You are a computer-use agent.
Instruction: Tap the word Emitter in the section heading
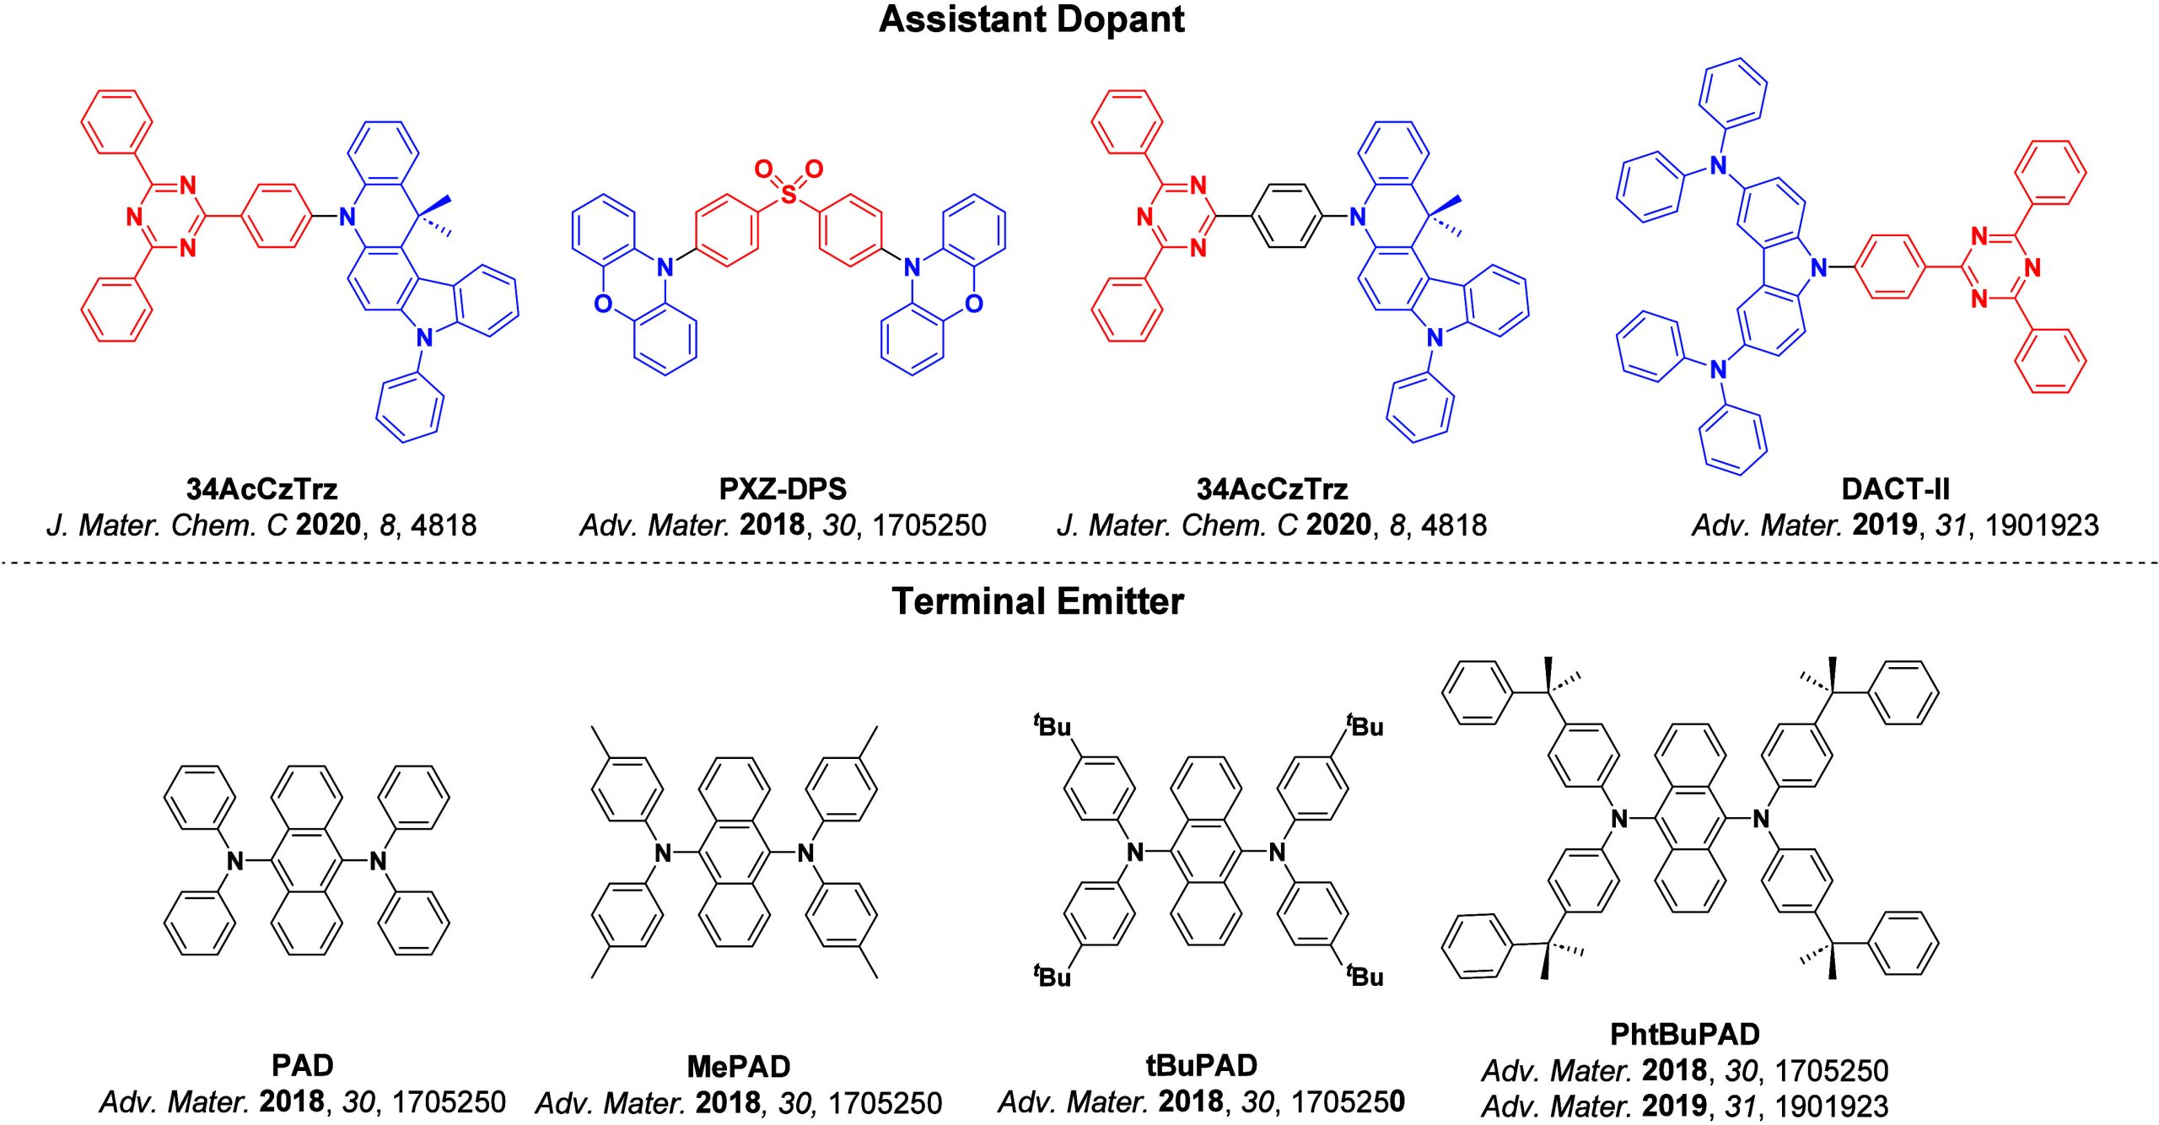[1120, 601]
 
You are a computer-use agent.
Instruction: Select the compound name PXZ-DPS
[783, 489]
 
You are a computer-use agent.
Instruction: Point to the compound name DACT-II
[1895, 489]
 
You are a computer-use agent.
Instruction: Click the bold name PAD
[302, 1066]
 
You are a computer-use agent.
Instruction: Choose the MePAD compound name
[739, 1067]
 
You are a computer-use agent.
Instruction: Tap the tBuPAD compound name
[1202, 1066]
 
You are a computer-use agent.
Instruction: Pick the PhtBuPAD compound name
[1685, 1034]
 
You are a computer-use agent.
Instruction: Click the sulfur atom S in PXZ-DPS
[789, 196]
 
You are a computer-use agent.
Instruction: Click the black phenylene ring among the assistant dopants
[1287, 217]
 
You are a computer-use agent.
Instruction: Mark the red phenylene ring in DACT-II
[1890, 268]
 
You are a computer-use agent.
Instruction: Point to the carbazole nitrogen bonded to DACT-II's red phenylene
[1819, 268]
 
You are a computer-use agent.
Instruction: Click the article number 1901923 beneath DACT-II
[2042, 525]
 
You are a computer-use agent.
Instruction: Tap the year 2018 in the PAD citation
[292, 1102]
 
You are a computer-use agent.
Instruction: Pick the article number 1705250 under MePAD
[885, 1103]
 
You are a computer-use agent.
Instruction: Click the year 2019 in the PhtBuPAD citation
[1675, 1106]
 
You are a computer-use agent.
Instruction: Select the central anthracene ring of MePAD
[735, 853]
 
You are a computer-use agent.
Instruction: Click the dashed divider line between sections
[1079, 562]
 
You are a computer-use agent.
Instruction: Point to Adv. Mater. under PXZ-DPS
[654, 525]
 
